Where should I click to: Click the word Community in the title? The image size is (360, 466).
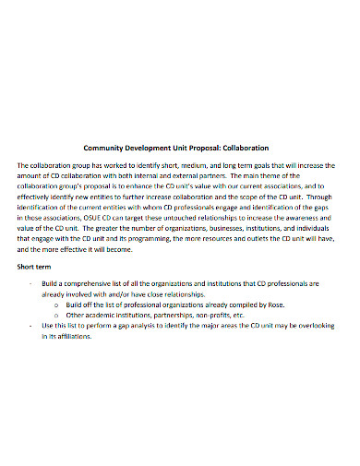point(106,147)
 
